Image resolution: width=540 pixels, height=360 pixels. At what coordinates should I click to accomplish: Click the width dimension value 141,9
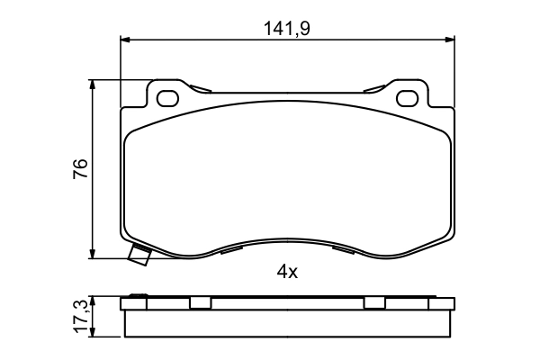tap(286, 29)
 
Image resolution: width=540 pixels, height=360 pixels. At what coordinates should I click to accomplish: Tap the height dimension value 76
tap(80, 168)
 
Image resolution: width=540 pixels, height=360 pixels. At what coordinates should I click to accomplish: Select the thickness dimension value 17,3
tap(80, 316)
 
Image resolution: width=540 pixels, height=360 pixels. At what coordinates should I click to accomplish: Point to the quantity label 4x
tap(286, 272)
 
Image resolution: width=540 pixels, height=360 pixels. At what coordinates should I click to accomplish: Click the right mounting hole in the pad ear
tap(406, 97)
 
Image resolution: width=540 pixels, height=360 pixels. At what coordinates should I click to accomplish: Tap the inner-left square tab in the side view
tap(199, 303)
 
